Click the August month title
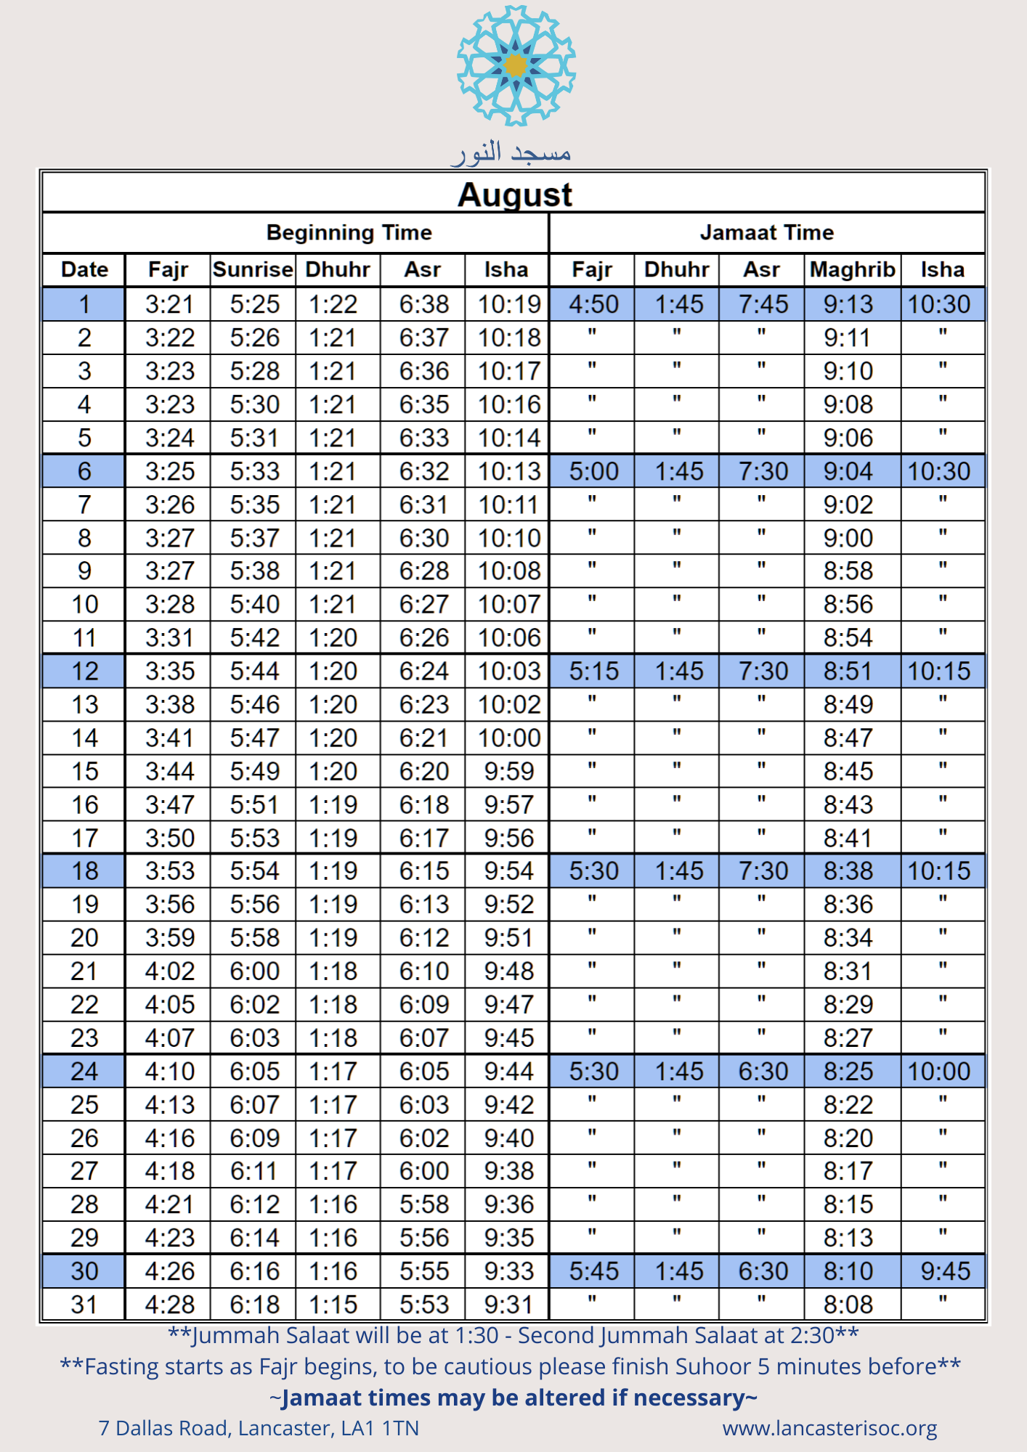tap(514, 195)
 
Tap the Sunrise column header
tap(253, 269)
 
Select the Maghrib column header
tap(852, 269)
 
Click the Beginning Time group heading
tap(349, 232)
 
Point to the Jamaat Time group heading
tap(766, 232)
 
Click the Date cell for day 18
tap(84, 871)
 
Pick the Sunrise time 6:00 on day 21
tap(254, 971)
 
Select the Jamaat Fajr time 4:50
tap(593, 304)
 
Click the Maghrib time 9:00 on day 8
tap(848, 538)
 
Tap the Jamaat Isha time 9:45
tap(945, 1271)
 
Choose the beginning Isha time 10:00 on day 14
tap(509, 738)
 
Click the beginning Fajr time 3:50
tap(170, 839)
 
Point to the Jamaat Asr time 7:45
tap(763, 304)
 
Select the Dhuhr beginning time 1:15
tap(333, 1305)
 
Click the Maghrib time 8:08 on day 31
tap(848, 1305)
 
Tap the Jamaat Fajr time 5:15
tap(593, 672)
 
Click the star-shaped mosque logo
tap(516, 65)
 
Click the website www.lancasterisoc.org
tap(829, 1428)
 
